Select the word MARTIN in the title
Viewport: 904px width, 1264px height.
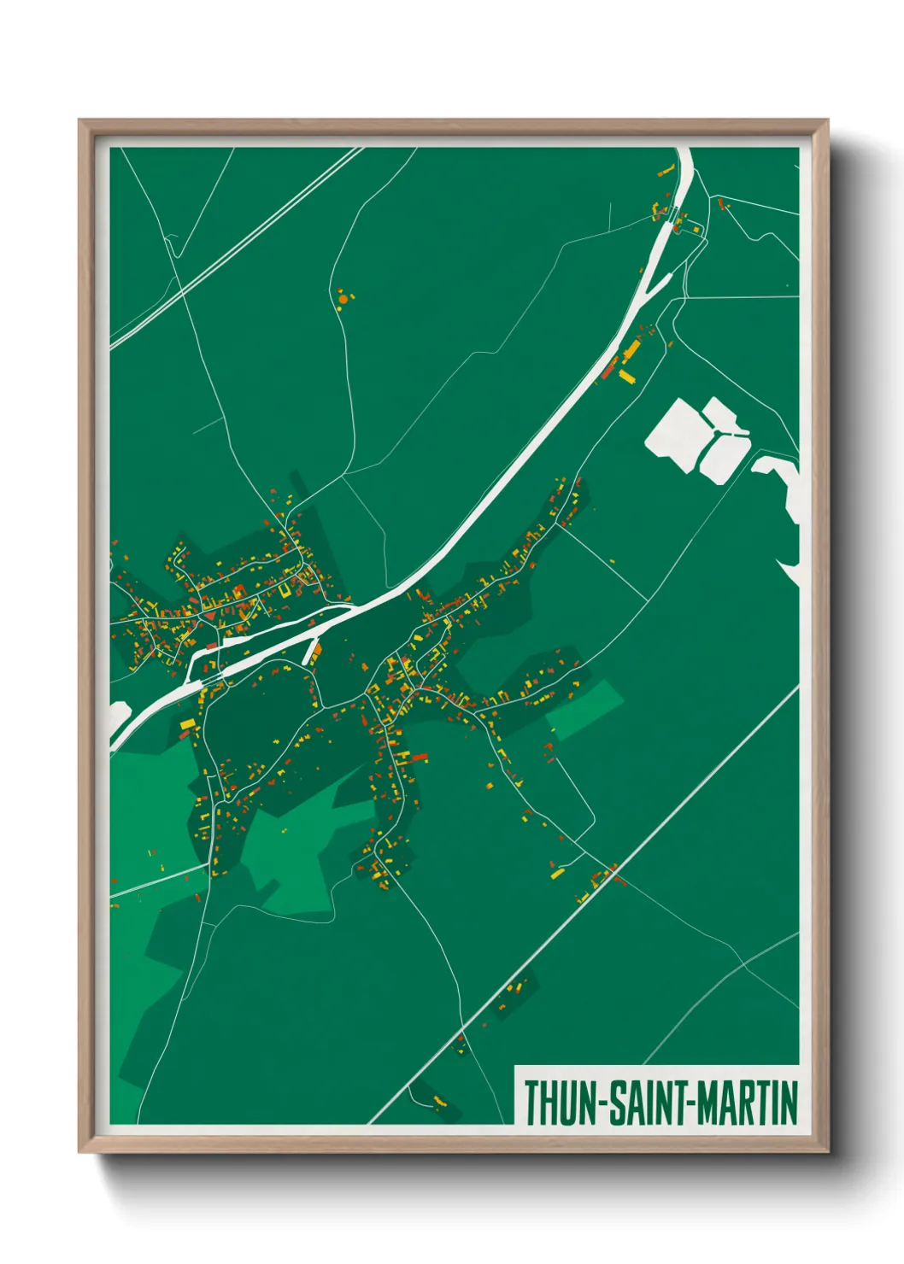pyautogui.click(x=747, y=1103)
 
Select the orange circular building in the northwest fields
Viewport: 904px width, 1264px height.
pyautogui.click(x=343, y=299)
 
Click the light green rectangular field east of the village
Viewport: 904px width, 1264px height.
pyautogui.click(x=585, y=709)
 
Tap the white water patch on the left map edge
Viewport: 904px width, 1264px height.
pyautogui.click(x=118, y=714)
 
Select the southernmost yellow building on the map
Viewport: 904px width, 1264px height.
pyautogui.click(x=440, y=1099)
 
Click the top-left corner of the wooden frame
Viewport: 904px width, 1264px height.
pyautogui.click(x=80, y=121)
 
